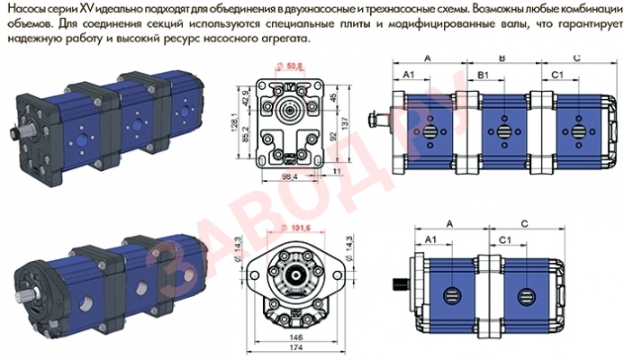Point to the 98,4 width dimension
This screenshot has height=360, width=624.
pyautogui.click(x=288, y=177)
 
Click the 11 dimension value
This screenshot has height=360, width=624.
pyautogui.click(x=336, y=167)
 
